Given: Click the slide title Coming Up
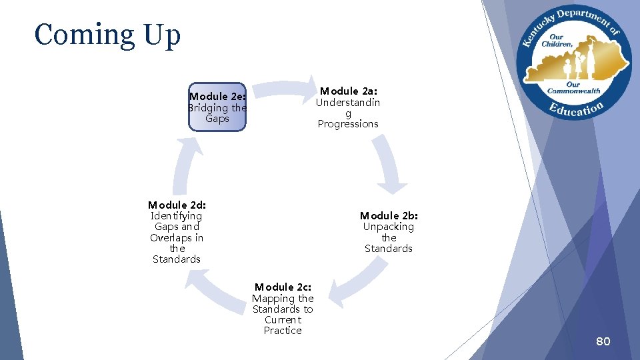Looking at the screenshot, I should [x=107, y=35].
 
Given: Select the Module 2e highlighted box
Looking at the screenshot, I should [x=217, y=107].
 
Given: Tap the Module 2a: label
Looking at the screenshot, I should [x=348, y=91].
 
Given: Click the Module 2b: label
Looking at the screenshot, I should [x=389, y=215].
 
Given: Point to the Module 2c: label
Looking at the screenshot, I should [x=283, y=287].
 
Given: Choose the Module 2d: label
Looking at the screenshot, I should [x=177, y=205].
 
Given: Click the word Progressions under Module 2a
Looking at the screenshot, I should [x=348, y=124].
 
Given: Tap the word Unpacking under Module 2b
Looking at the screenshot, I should [x=389, y=227].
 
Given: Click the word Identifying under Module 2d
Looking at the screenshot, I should [x=177, y=216].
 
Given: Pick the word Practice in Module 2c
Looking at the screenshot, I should [x=283, y=331].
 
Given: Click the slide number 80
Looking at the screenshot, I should [x=603, y=342].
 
